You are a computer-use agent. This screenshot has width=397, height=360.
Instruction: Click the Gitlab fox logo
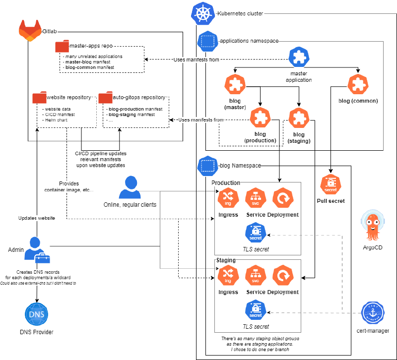tap(30, 31)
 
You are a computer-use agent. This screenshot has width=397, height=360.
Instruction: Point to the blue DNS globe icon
tap(37, 314)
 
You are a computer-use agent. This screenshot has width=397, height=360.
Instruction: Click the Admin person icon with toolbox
tap(38, 251)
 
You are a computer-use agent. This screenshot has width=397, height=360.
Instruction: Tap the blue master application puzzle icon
tap(299, 59)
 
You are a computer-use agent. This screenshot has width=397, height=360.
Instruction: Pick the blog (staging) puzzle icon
tap(299, 118)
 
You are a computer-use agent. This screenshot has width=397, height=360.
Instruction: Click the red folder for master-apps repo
tap(62, 47)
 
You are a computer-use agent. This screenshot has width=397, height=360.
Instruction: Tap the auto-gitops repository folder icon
tap(105, 98)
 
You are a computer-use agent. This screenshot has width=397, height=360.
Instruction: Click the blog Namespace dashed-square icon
tap(207, 166)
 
